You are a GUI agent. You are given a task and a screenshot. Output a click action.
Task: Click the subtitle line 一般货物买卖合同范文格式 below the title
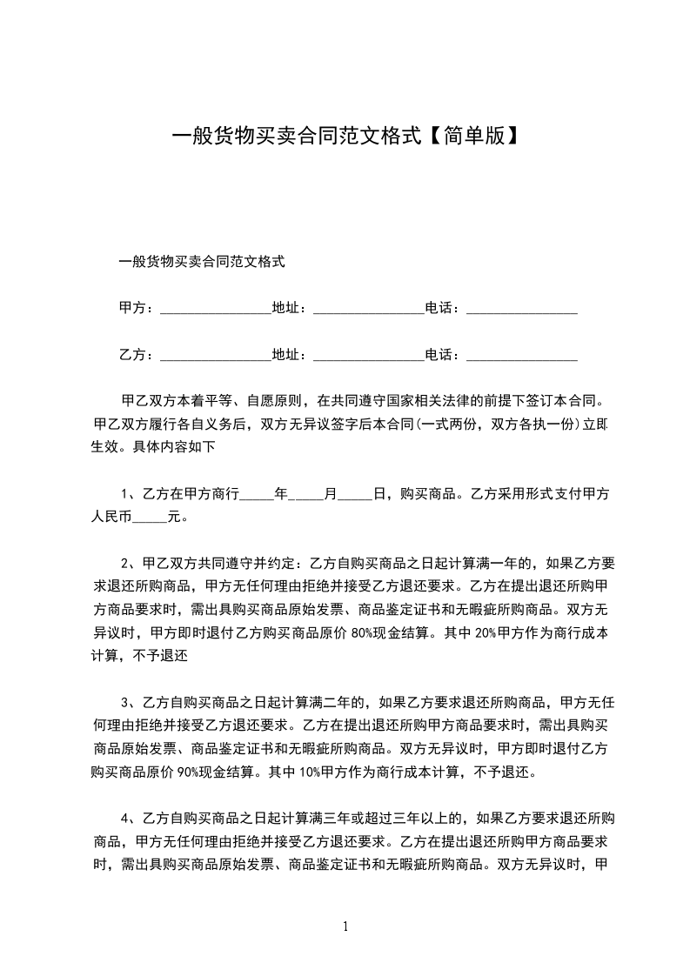tap(202, 260)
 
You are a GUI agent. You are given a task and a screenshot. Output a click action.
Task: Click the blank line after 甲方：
tap(216, 309)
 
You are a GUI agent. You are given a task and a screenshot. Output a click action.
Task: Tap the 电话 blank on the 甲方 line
tap(522, 309)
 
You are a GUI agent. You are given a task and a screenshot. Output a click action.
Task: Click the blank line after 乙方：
tap(216, 356)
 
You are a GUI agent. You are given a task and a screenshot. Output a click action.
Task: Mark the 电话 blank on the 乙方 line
tap(522, 356)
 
